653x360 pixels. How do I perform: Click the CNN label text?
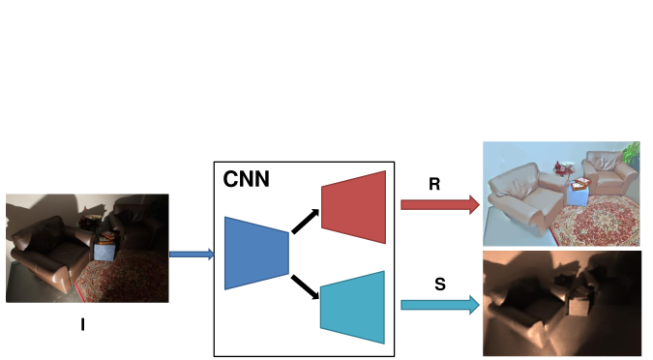246,180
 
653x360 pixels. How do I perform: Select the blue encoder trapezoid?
256,253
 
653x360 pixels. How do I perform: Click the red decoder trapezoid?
353,202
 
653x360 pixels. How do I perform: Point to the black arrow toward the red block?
306,220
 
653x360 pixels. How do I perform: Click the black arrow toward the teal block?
306,287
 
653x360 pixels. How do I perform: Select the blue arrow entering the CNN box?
191,255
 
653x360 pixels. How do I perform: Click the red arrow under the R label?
439,204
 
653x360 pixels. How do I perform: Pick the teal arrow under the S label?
439,305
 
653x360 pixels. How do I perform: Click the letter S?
439,285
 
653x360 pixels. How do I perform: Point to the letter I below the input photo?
83,324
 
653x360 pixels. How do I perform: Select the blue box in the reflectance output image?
579,194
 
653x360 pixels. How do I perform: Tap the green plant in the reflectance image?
633,152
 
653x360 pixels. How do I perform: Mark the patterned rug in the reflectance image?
592,222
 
